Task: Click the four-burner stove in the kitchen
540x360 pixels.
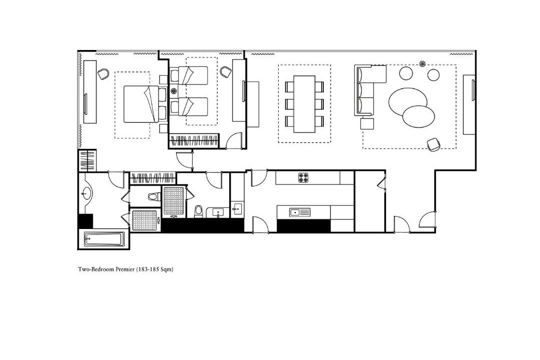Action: point(303,177)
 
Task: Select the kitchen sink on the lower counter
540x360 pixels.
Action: point(300,212)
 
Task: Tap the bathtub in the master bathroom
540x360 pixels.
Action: point(105,239)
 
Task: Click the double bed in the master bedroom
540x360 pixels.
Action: point(142,104)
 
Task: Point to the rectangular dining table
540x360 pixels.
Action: point(304,104)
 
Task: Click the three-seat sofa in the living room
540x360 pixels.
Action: point(366,90)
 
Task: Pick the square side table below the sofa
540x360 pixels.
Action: point(367,123)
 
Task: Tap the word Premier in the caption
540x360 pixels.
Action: point(125,269)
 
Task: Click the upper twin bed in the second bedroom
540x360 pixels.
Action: point(189,75)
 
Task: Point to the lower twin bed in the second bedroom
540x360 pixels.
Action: point(189,106)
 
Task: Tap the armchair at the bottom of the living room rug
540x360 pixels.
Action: point(433,144)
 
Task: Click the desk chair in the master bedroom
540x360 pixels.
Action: point(103,73)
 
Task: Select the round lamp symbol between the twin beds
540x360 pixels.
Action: point(174,91)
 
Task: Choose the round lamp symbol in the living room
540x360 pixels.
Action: point(422,63)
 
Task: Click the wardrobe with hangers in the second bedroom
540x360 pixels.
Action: point(195,141)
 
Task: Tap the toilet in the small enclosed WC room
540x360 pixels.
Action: point(153,196)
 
